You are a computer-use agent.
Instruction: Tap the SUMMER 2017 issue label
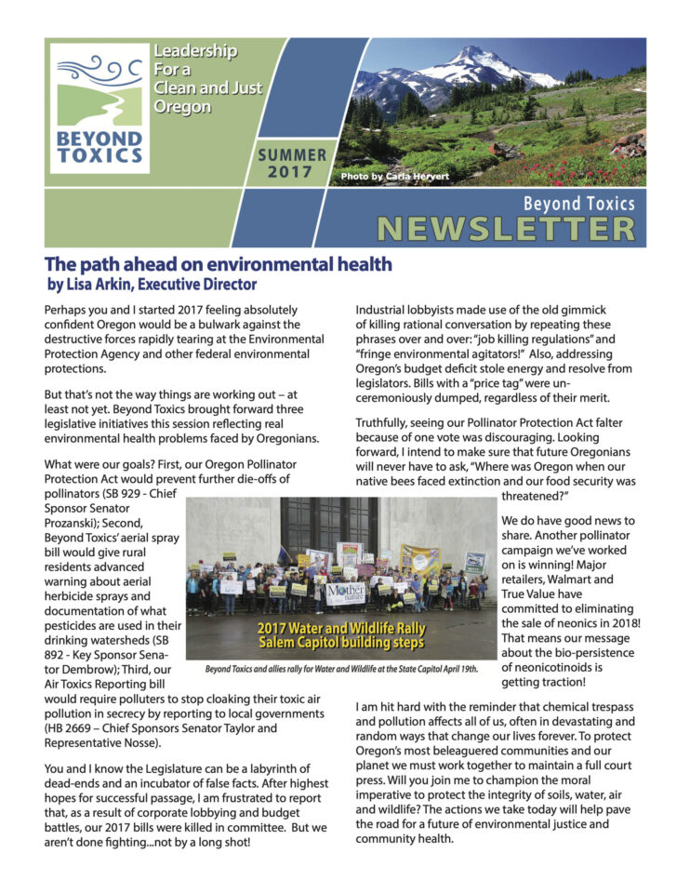292,164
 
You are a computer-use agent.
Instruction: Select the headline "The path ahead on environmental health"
219,264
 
